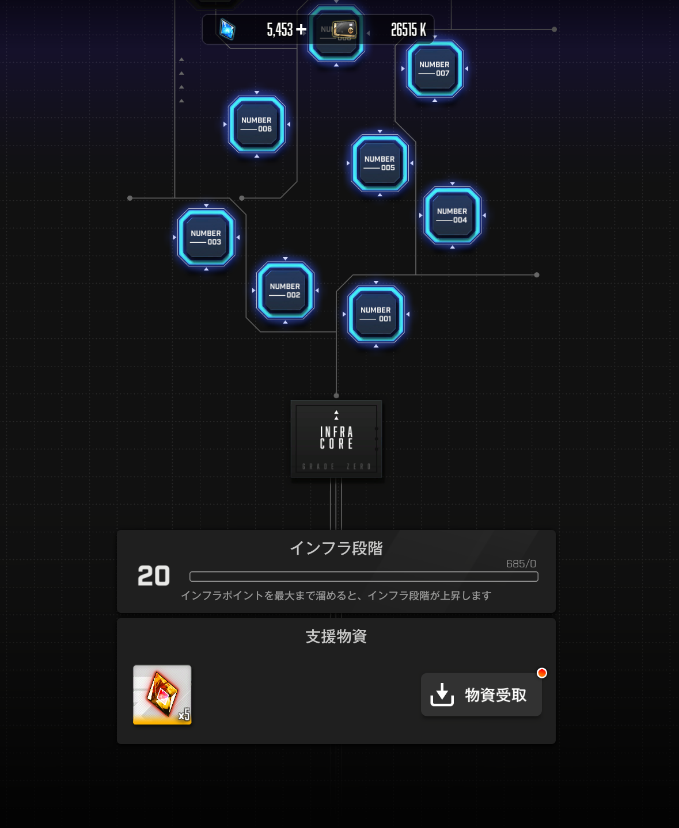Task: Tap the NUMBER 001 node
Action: pyautogui.click(x=376, y=314)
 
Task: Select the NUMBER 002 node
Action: pyautogui.click(x=285, y=291)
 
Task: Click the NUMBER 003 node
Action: pyautogui.click(x=206, y=238)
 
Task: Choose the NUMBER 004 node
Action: pyautogui.click(x=452, y=215)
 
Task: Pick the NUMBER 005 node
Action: pyautogui.click(x=380, y=163)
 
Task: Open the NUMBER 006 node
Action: pyautogui.click(x=256, y=124)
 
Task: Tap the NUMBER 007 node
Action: pyautogui.click(x=434, y=69)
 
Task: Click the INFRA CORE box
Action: pyautogui.click(x=336, y=438)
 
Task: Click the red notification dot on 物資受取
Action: pyautogui.click(x=541, y=673)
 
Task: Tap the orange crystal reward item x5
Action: pyautogui.click(x=162, y=695)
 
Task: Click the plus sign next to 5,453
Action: pyautogui.click(x=301, y=29)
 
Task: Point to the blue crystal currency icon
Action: pyautogui.click(x=227, y=29)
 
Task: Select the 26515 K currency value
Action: pyautogui.click(x=408, y=29)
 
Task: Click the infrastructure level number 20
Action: pyautogui.click(x=154, y=576)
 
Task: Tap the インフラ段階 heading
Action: pyautogui.click(x=336, y=548)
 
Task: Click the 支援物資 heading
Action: pyautogui.click(x=336, y=636)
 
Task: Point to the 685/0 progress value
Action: pyautogui.click(x=521, y=564)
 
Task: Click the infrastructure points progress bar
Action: pyautogui.click(x=363, y=577)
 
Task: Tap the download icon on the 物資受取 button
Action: pyautogui.click(x=442, y=695)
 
